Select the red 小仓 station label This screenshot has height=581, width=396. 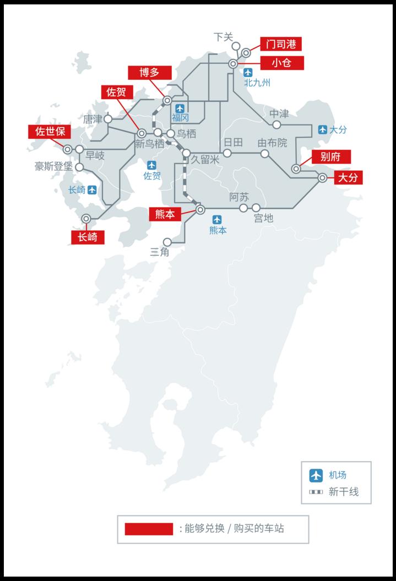tap(281, 63)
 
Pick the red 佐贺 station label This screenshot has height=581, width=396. tap(116, 92)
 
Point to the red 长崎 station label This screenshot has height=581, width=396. tap(88, 237)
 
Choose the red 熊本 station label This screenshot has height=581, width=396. tap(165, 214)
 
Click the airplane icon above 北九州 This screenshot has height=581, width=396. tap(248, 72)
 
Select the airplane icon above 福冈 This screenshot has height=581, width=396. tap(180, 108)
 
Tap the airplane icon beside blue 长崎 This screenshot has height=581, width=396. tap(92, 190)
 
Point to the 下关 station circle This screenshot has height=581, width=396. tap(236, 46)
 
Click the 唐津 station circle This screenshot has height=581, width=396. tap(108, 118)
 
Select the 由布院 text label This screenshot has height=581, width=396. tap(272, 143)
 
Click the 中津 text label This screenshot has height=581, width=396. tap(279, 114)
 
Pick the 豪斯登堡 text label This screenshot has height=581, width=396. tap(53, 166)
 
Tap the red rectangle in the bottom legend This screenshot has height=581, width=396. tap(149, 529)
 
